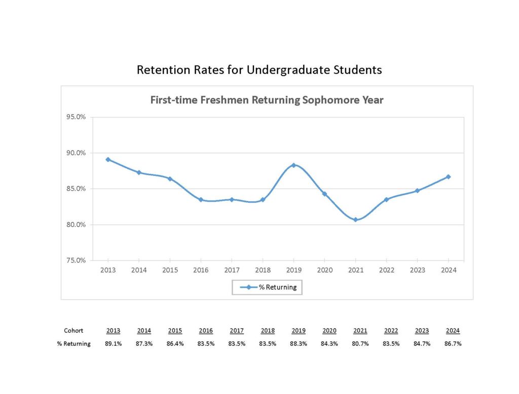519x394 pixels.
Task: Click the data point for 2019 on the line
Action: (293, 165)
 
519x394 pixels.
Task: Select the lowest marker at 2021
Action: (355, 220)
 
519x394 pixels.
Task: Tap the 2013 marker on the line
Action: (108, 159)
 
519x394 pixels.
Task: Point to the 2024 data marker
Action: (448, 176)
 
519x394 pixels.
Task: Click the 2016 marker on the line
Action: (201, 200)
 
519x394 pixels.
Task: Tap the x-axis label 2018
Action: (263, 270)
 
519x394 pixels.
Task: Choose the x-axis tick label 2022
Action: (386, 270)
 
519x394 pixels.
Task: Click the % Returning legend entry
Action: (267, 287)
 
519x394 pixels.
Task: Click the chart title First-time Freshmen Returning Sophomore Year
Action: (267, 100)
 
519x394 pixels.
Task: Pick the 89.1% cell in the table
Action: (113, 344)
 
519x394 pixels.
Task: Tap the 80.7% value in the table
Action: (360, 344)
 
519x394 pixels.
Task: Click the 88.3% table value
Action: (299, 344)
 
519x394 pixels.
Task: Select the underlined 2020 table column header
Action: (329, 331)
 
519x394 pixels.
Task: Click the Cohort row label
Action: (73, 331)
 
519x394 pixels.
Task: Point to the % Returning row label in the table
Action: (73, 344)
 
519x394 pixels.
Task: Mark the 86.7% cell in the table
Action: (453, 344)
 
